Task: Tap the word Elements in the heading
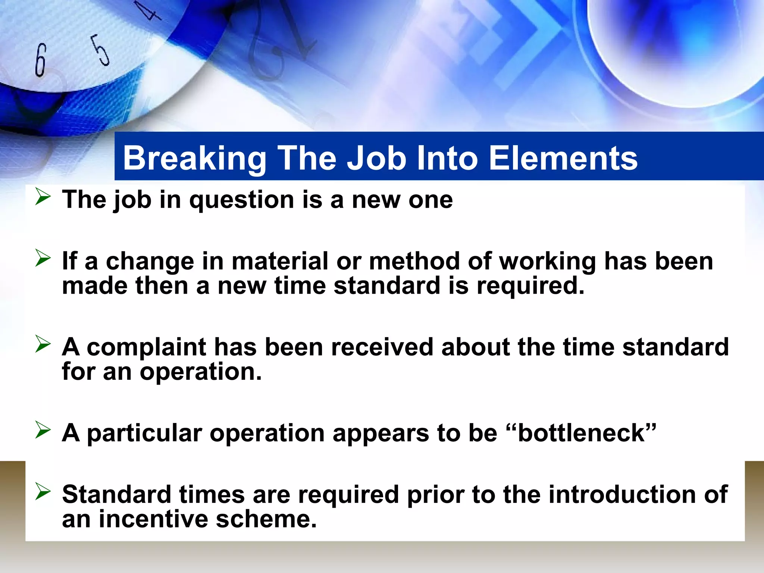pos(563,158)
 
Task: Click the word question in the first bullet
pos(242,200)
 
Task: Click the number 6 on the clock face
pos(40,60)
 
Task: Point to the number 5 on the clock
pos(100,50)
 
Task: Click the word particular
pos(144,433)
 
